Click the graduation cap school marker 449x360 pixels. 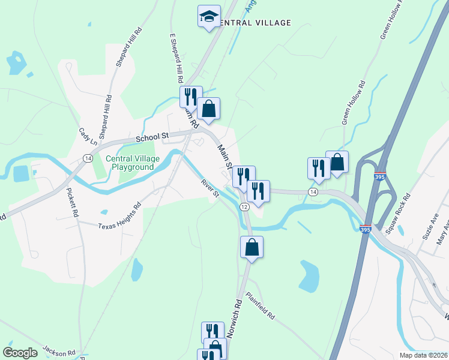point(209,16)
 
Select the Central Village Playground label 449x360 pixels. point(130,163)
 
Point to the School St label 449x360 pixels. point(151,137)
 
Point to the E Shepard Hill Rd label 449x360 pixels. point(176,58)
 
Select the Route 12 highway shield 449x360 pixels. point(244,206)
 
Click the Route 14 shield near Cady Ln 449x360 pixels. point(88,158)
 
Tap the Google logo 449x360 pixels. point(20,353)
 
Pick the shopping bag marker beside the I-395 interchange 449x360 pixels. point(337,162)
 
